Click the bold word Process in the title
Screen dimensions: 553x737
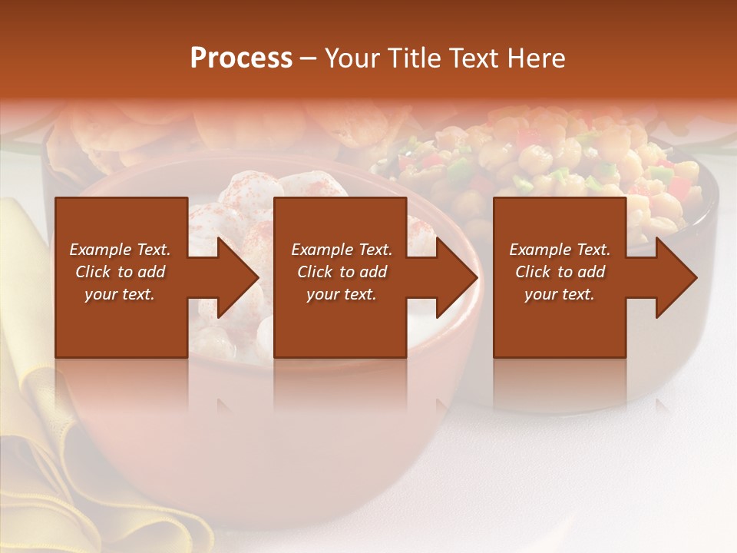(x=241, y=58)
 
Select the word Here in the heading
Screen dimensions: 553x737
(x=536, y=58)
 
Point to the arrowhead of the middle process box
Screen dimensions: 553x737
(x=455, y=277)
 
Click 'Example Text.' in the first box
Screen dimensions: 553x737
(x=120, y=250)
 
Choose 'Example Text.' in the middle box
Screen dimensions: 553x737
(x=342, y=250)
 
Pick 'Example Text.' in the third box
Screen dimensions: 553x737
(x=560, y=250)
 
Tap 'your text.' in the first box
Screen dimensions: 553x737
(x=120, y=294)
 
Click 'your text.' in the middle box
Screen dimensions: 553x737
(x=342, y=294)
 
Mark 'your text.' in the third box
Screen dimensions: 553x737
(x=560, y=294)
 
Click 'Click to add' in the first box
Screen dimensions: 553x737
(x=120, y=272)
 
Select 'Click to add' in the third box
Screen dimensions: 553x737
(x=560, y=272)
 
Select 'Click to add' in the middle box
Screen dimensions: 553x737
(x=342, y=272)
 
